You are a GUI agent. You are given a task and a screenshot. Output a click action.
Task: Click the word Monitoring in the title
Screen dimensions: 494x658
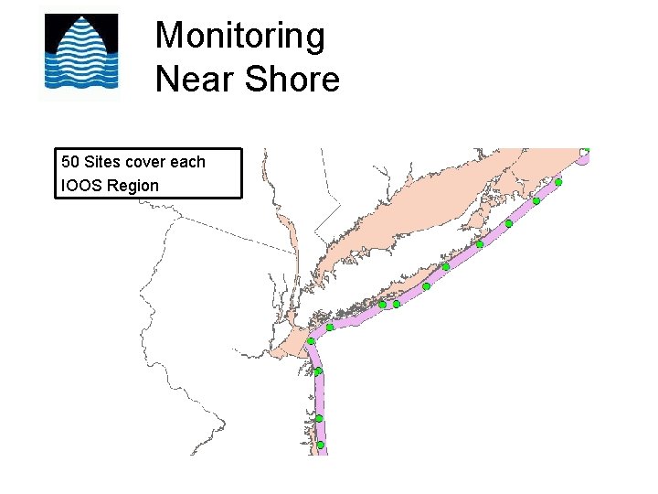(239, 37)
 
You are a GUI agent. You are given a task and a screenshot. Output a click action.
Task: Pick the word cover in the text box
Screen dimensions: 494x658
(146, 162)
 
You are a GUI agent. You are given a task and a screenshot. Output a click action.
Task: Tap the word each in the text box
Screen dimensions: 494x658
(188, 162)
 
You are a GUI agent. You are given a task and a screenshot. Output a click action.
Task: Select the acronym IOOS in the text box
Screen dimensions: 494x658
(81, 186)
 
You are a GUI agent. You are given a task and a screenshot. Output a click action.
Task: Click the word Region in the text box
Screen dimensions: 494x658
(133, 186)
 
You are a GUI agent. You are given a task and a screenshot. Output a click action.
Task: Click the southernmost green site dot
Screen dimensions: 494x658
(320, 446)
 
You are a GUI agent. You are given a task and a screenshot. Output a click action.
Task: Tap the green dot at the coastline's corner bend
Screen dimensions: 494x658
(311, 342)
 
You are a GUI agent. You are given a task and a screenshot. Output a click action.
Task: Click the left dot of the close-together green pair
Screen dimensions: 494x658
(382, 305)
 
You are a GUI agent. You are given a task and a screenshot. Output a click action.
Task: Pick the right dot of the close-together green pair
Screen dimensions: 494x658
(397, 304)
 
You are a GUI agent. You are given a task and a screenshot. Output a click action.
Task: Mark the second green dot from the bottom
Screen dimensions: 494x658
(319, 418)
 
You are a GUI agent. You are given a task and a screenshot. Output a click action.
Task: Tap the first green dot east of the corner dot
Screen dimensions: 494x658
(330, 327)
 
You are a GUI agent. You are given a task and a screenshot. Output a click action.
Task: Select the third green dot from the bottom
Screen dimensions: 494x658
(318, 371)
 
